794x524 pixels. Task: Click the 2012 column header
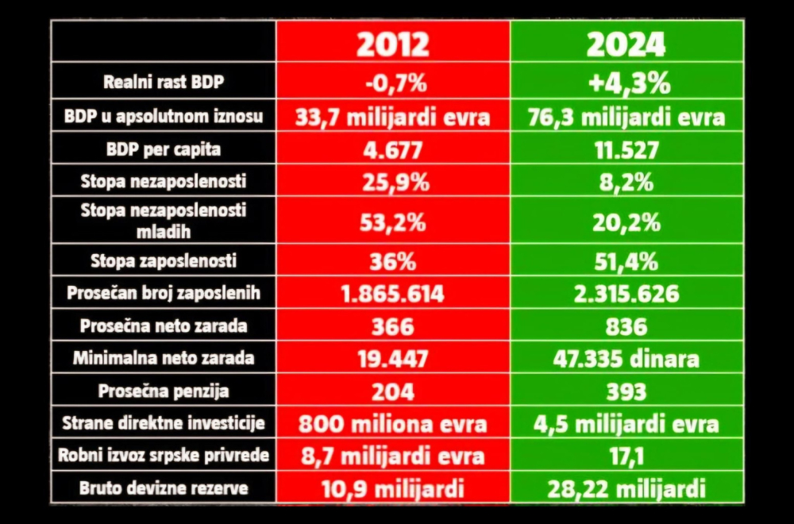(392, 44)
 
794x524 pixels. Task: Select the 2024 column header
(626, 44)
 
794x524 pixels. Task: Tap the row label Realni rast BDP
(164, 83)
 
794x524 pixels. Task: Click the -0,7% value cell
(392, 83)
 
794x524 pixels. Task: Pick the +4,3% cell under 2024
(626, 83)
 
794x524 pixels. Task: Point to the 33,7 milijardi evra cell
(392, 118)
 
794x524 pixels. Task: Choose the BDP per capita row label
(164, 149)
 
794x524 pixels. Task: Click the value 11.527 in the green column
(626, 149)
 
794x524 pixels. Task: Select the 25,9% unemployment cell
(392, 182)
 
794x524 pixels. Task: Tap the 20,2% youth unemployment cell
(626, 222)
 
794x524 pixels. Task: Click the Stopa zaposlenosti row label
(164, 260)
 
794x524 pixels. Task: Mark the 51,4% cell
(626, 260)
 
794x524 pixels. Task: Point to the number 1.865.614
(392, 294)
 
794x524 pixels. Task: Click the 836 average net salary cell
(626, 326)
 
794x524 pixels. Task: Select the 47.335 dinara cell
(626, 359)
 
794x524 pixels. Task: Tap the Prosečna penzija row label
(164, 391)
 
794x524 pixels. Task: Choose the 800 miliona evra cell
(392, 423)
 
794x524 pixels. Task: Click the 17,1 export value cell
(626, 456)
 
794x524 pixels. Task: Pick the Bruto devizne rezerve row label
(164, 487)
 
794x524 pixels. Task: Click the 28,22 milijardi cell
(626, 487)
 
